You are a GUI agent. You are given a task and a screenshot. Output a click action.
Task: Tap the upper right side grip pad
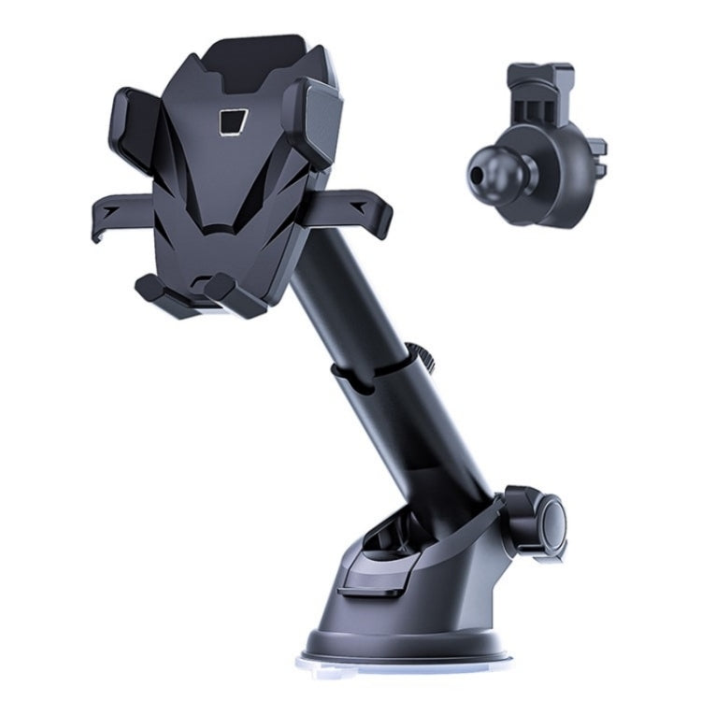click(x=311, y=122)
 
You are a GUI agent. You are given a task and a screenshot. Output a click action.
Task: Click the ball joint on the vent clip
click(x=495, y=168)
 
